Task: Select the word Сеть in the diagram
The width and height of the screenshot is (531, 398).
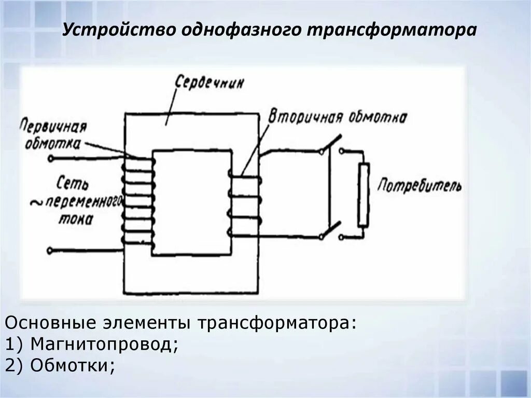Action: coord(74,183)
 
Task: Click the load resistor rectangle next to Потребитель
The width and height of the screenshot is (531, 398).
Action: coord(364,195)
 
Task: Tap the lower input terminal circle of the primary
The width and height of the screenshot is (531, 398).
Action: coord(50,251)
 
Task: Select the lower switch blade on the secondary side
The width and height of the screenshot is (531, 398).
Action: coord(330,230)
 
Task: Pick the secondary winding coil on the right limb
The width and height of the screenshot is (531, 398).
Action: coord(244,205)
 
